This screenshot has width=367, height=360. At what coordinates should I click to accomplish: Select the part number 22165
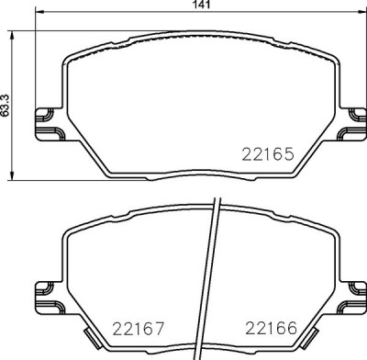tap(267, 155)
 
